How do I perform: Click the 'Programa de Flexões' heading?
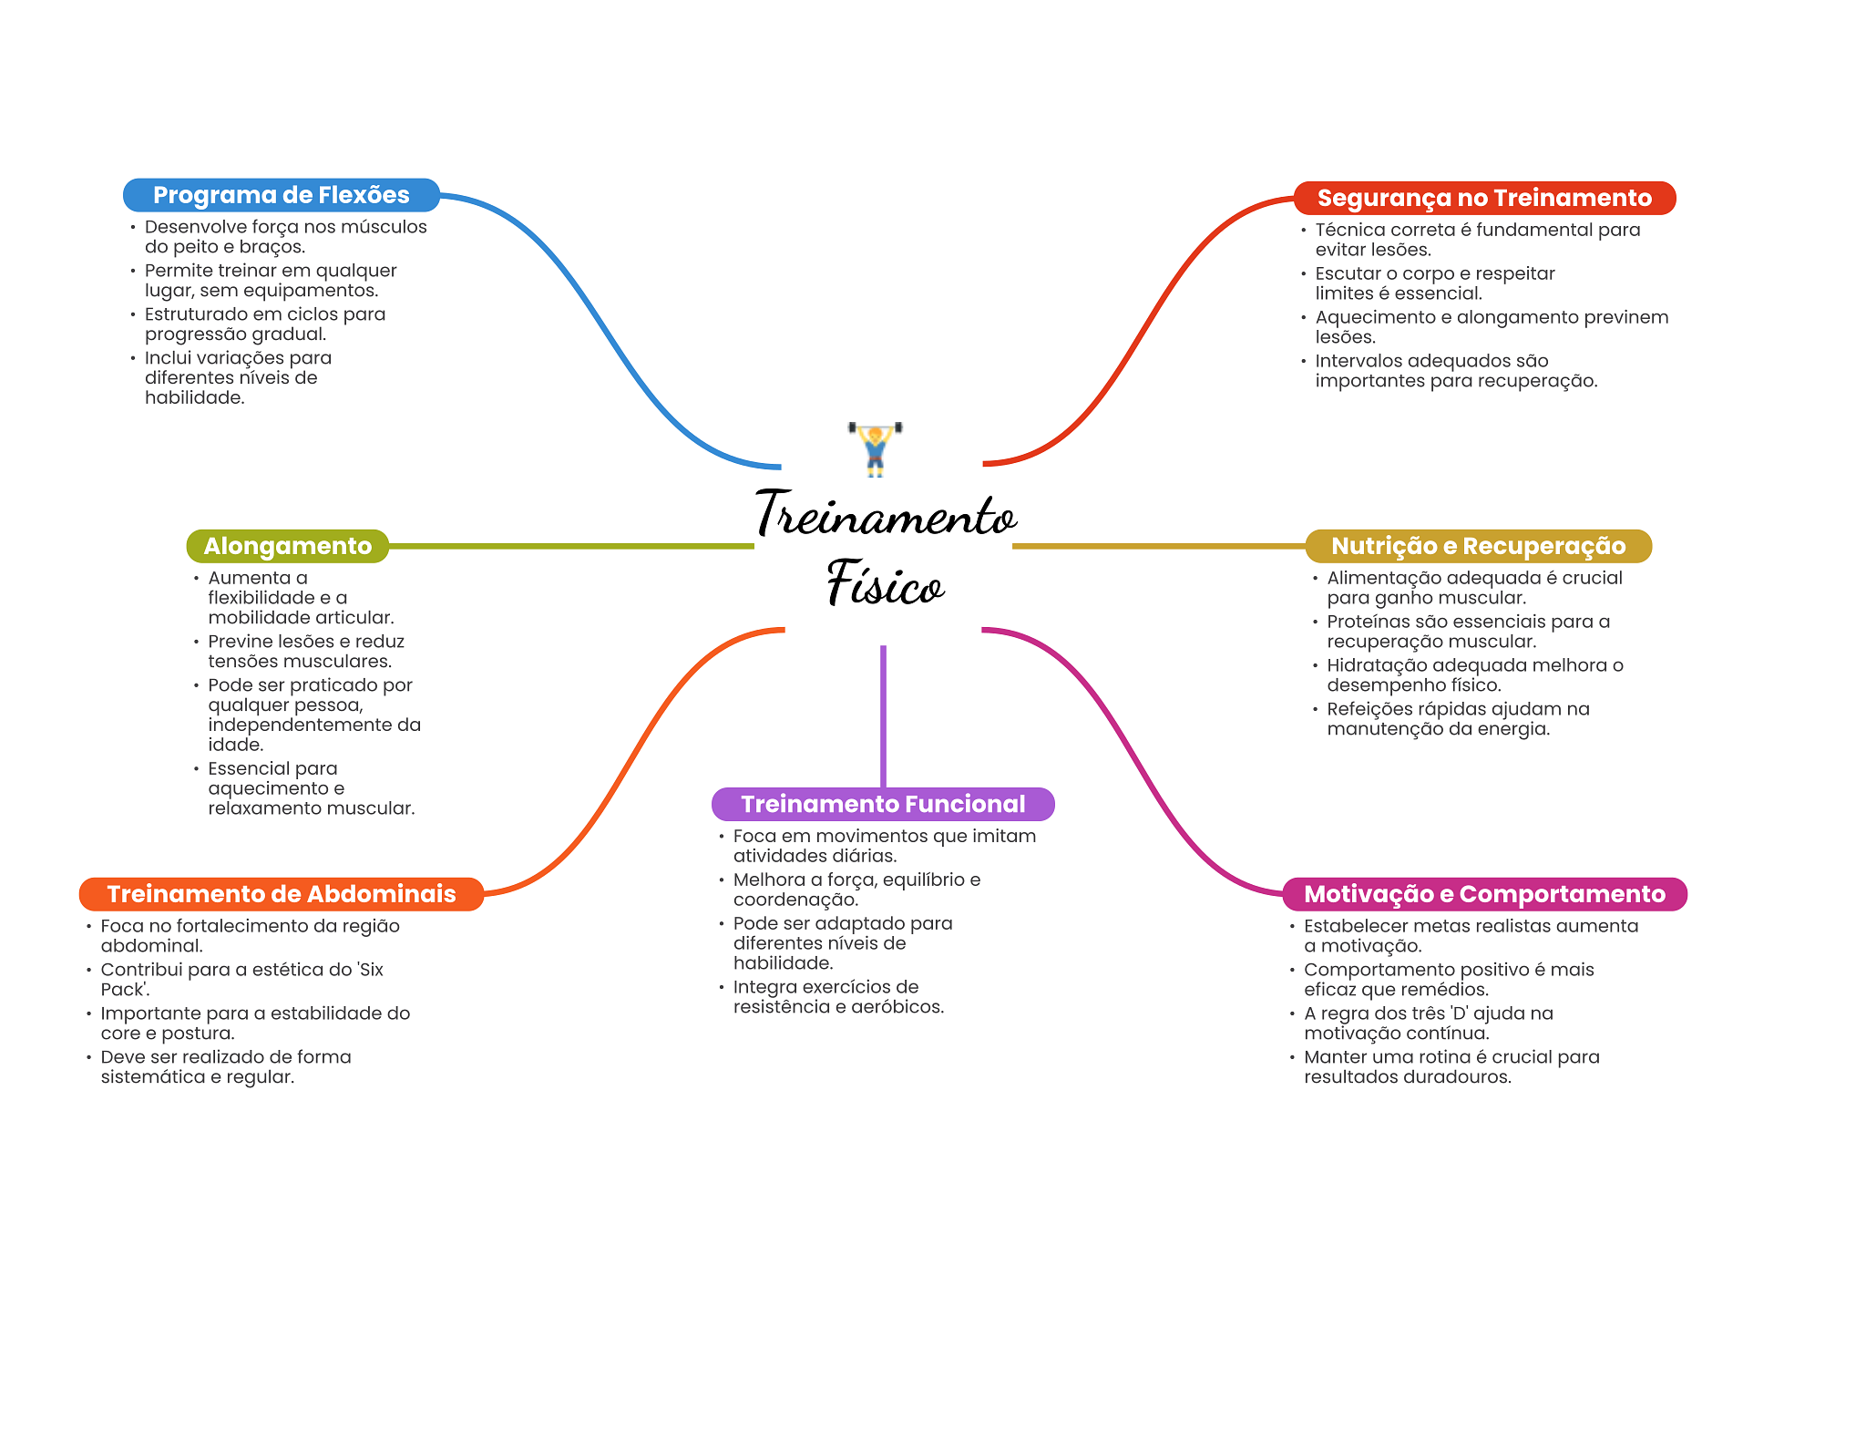[281, 195]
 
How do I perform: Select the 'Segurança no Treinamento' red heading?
[1483, 198]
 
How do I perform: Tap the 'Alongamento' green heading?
[287, 546]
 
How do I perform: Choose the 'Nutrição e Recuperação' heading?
[1478, 546]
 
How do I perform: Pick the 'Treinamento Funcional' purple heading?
[882, 804]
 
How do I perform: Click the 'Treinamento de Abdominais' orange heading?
[281, 894]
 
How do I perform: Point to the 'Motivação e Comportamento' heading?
[1484, 894]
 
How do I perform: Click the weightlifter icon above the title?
[875, 448]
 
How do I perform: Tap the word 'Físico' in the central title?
[884, 583]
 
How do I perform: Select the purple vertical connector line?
[883, 715]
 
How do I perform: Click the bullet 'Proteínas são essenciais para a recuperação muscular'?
[1467, 632]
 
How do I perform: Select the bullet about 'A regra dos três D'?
[1428, 1024]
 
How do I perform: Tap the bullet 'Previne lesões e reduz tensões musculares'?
[305, 652]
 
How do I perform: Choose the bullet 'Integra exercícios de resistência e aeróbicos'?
[837, 997]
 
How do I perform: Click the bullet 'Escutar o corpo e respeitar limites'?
[1434, 283]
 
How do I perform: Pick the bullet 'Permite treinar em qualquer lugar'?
[270, 281]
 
